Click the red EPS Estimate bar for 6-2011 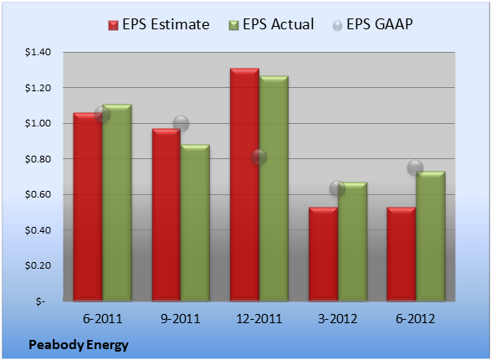coord(88,207)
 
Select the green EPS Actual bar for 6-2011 coord(117,203)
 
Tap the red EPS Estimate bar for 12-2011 coord(244,184)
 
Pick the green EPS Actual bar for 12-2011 coord(274,188)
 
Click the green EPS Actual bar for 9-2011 coord(195,223)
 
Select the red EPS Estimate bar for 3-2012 coord(323,255)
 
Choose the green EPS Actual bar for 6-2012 coord(431,236)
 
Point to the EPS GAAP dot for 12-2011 coord(258,157)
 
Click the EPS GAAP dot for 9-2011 coord(181,123)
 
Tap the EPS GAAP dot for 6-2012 coord(415,167)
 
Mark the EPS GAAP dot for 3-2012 coord(337,188)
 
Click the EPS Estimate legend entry coord(159,24)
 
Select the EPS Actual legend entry coord(271,24)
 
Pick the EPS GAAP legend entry coord(372,24)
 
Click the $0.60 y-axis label coord(38,194)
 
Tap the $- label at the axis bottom coord(41,301)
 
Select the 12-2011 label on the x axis coord(259,319)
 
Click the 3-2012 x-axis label coord(337,319)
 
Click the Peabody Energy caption coord(79,345)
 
